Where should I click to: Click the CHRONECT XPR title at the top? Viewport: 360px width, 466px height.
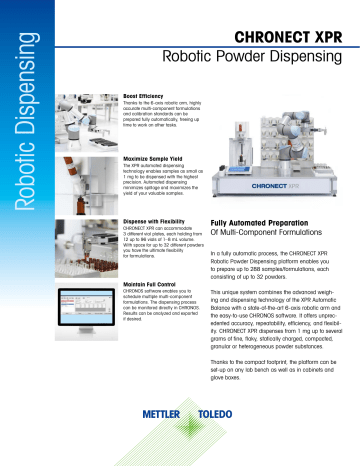point(282,38)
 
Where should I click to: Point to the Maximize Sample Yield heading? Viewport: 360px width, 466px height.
point(152,158)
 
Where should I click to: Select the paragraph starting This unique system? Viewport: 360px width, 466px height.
point(270,334)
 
